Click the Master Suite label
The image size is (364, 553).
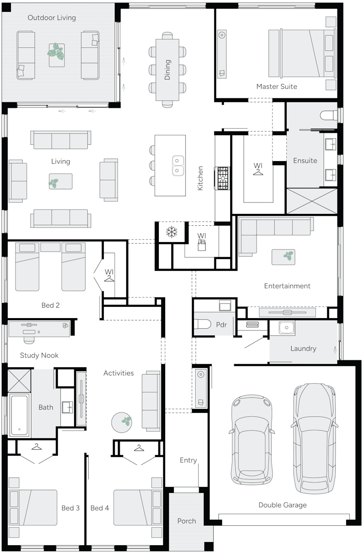[x=276, y=86]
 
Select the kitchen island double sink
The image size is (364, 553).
[x=177, y=165]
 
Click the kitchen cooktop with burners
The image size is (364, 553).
[x=223, y=178]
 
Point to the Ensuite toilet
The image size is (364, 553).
[x=328, y=115]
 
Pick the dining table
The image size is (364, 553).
[x=167, y=70]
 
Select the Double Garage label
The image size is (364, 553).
[x=282, y=505]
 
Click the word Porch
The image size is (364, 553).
[x=187, y=521]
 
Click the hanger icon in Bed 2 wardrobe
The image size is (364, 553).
[x=109, y=279]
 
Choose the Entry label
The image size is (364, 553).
[x=188, y=460]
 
